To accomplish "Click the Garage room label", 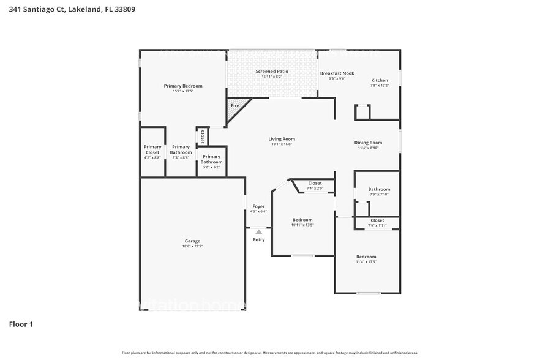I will tap(192, 241).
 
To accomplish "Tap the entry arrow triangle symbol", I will tap(259, 232).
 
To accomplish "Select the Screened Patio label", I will tap(271, 72).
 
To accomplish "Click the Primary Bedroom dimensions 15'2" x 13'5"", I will tap(183, 91).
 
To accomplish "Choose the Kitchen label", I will tap(380, 81).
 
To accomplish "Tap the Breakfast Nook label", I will tap(337, 73).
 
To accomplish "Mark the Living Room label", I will tap(282, 139).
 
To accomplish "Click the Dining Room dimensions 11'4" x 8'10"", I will tap(368, 148).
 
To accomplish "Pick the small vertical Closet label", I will tap(202, 136).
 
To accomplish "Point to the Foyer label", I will tap(258, 206).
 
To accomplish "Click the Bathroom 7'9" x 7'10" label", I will tap(379, 189).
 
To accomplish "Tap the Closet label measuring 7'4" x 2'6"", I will tap(315, 183).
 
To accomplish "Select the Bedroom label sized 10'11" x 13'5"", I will tap(302, 220).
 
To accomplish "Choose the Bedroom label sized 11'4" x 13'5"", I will tap(366, 257).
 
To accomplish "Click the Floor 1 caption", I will tap(21, 323).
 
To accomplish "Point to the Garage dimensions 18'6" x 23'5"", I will tap(192, 246).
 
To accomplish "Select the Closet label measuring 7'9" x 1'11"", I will tap(377, 220).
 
